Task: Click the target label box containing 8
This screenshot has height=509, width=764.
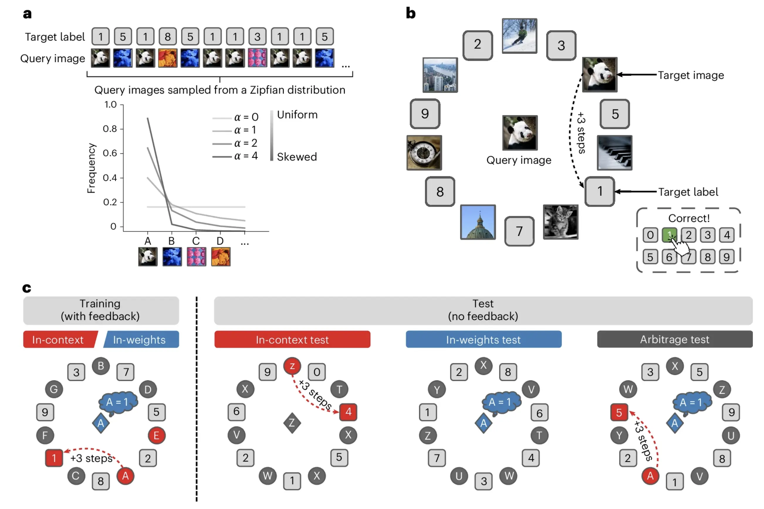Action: click(x=168, y=36)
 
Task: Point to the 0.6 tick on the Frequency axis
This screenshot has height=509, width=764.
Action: click(x=110, y=153)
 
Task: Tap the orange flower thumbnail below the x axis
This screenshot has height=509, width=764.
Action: click(x=221, y=257)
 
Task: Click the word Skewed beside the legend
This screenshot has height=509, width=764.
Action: click(x=297, y=157)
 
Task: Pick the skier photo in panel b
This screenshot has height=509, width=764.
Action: click(x=519, y=36)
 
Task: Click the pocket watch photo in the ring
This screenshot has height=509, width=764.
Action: click(x=424, y=152)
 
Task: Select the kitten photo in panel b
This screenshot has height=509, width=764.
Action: click(x=560, y=222)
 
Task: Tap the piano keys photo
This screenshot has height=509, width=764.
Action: click(x=614, y=152)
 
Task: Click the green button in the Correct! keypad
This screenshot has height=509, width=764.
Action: click(x=669, y=235)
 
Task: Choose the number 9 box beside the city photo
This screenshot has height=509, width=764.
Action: click(x=425, y=114)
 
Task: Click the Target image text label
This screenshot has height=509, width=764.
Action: click(x=691, y=75)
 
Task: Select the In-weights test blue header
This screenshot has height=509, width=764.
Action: click(x=483, y=340)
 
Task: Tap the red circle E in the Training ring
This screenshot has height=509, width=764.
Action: click(x=157, y=435)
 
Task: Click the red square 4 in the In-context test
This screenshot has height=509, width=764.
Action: click(x=348, y=412)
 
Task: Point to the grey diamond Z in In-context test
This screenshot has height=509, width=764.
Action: click(x=292, y=423)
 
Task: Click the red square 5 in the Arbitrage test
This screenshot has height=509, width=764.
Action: click(x=619, y=413)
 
